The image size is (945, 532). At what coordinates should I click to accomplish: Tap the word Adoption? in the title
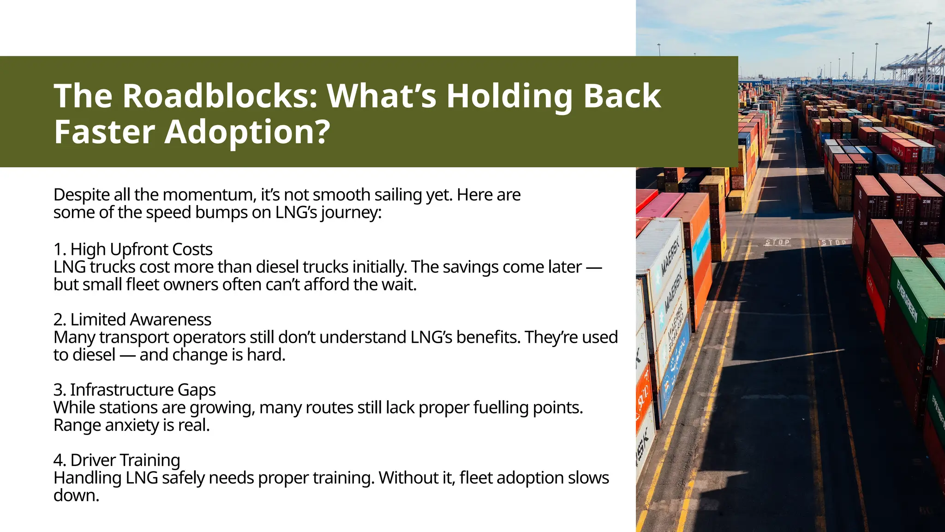(x=247, y=132)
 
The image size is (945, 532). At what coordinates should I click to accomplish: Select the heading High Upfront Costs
(x=141, y=249)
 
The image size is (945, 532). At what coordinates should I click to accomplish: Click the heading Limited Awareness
(x=141, y=320)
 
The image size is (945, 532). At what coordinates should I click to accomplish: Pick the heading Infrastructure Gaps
(x=143, y=390)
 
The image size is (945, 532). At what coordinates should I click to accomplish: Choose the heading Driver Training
(x=125, y=460)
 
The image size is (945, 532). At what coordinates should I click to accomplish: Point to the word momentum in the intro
(x=209, y=195)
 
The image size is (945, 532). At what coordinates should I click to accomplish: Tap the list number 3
(x=59, y=390)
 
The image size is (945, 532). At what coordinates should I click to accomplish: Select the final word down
(x=76, y=496)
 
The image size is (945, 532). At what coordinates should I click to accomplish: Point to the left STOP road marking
(x=778, y=242)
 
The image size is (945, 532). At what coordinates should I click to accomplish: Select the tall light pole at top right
(x=927, y=60)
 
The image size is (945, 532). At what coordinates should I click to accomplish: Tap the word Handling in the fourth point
(x=87, y=478)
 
